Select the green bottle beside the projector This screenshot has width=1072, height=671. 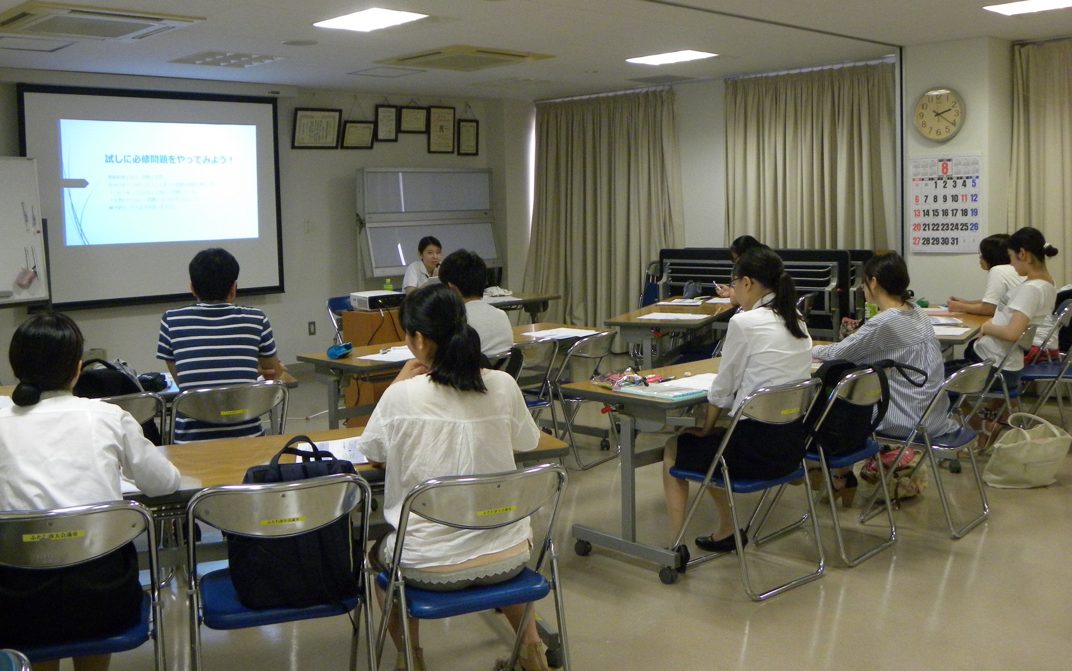(388, 285)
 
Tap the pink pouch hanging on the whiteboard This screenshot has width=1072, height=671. (26, 278)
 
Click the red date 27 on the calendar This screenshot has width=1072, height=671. (916, 241)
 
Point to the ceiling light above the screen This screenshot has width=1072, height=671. (370, 19)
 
